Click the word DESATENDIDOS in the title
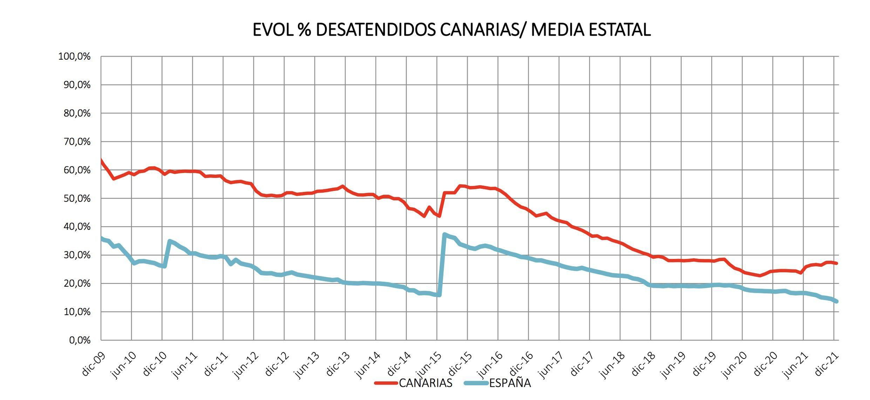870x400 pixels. click(375, 30)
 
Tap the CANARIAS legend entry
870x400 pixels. click(425, 383)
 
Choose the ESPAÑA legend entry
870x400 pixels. click(509, 383)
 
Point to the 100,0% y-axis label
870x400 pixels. click(74, 57)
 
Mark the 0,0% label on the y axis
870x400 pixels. click(80, 340)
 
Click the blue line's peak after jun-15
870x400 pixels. click(444, 234)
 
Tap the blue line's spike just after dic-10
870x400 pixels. click(169, 241)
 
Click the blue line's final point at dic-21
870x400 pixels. click(837, 301)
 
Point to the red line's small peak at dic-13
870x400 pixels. click(343, 187)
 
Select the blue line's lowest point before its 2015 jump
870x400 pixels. click(439, 295)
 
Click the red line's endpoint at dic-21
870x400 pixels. click(837, 263)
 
